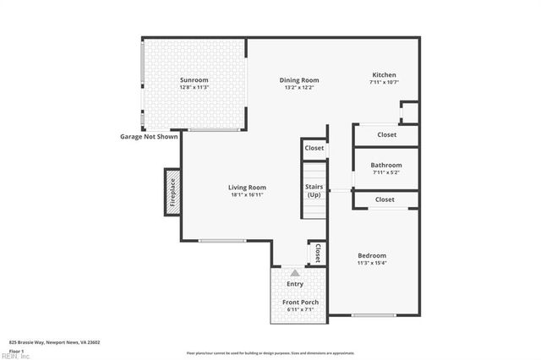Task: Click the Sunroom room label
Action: coord(194,80)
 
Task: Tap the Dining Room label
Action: coord(299,80)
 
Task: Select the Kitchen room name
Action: coord(383,74)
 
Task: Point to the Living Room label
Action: coord(247,188)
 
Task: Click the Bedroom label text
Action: coord(371,256)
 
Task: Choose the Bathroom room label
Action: coord(387,165)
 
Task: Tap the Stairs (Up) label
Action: coord(314,190)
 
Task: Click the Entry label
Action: coord(295,284)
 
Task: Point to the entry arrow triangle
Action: coord(295,273)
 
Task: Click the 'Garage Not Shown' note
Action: coord(148,136)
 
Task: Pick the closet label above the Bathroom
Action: coord(387,134)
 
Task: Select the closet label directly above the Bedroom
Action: coord(385,199)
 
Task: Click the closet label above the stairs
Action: coord(314,148)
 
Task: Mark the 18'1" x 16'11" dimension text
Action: coord(247,195)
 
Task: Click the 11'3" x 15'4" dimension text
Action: coord(371,264)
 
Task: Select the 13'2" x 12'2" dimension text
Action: coord(299,88)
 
